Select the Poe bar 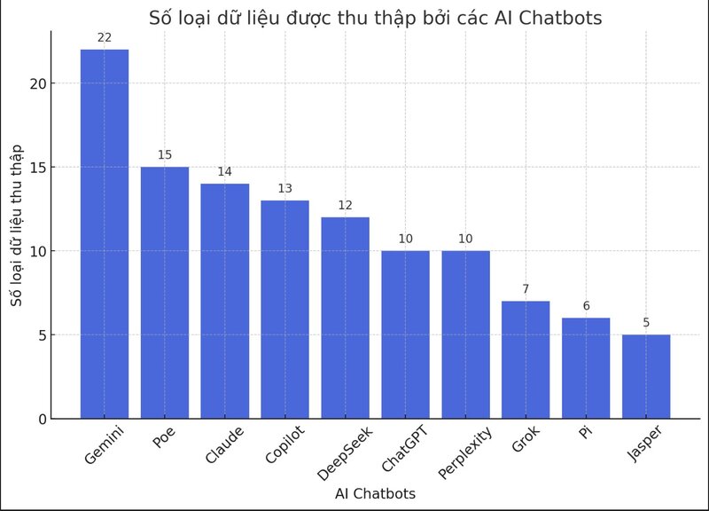pos(165,292)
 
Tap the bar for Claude pos(225,301)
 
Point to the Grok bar pos(526,359)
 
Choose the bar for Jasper pos(646,376)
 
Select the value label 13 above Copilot pos(284,188)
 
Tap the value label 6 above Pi pos(586,306)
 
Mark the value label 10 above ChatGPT pos(405,239)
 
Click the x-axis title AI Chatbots pos(375,494)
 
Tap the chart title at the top pos(375,17)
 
